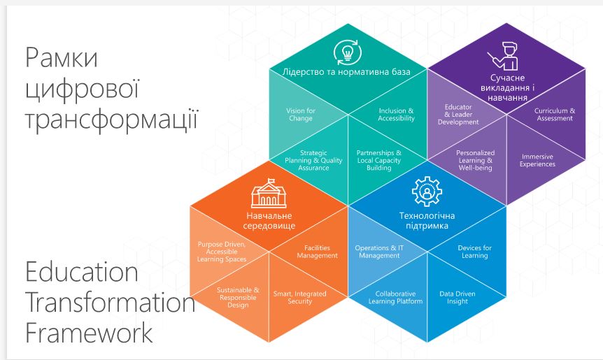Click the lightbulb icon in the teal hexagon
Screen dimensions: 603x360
click(x=348, y=52)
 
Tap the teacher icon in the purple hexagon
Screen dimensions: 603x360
click(x=504, y=56)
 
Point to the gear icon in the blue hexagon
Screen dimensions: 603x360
click(x=427, y=192)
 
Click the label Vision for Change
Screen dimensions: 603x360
click(x=301, y=115)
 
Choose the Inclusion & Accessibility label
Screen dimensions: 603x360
click(x=396, y=115)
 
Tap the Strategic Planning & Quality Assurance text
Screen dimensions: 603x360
click(x=313, y=160)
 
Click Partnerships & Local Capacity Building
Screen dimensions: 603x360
click(x=378, y=160)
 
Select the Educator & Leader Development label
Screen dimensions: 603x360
click(x=458, y=115)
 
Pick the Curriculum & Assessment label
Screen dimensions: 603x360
click(x=555, y=115)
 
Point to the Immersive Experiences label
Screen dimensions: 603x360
click(x=537, y=160)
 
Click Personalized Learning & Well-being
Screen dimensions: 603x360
click(x=475, y=160)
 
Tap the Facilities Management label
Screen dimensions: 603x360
click(x=317, y=252)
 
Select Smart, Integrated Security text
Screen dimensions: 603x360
click(x=299, y=297)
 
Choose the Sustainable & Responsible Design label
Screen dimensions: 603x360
click(x=238, y=297)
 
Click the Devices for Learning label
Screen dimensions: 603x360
click(x=474, y=252)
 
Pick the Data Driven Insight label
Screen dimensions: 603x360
click(x=457, y=297)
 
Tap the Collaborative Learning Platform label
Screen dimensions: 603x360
click(x=395, y=297)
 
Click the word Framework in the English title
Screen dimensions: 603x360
click(x=89, y=332)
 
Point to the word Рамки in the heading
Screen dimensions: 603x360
click(x=61, y=57)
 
